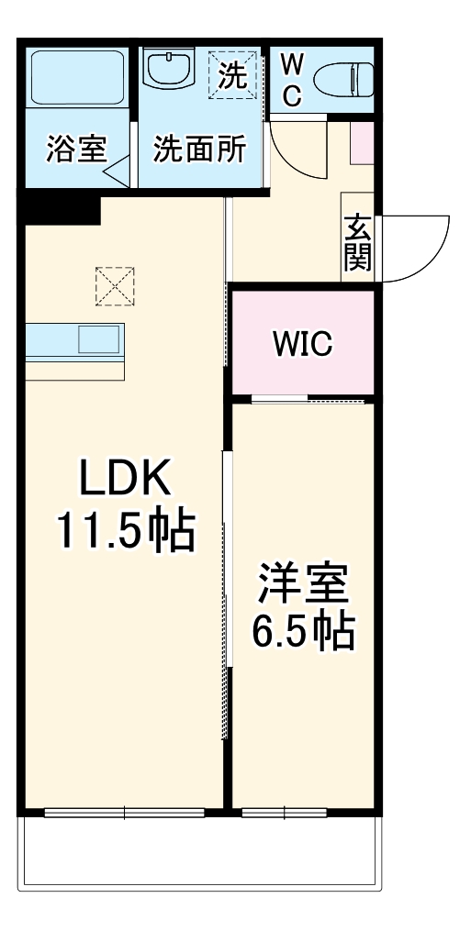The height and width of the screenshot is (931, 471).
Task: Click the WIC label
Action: click(302, 345)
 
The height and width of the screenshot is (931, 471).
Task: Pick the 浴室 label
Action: click(77, 150)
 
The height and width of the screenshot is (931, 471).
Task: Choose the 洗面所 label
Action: click(199, 150)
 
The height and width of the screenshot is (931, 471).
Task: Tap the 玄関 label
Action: click(357, 244)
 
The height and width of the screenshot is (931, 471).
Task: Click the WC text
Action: click(291, 80)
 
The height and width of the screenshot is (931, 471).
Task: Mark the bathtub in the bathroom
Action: click(76, 77)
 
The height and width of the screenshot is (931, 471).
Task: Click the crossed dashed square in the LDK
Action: click(115, 286)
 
